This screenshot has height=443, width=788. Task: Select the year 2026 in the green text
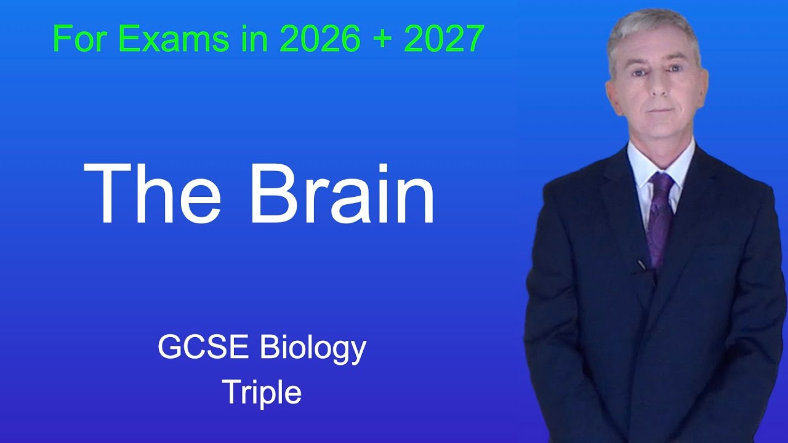pos(320,39)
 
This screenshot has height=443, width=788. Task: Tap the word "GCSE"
pos(203,348)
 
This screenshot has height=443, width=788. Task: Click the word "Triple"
pos(262,392)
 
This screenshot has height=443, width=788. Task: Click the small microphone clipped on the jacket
pos(641,265)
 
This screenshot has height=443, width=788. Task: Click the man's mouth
pos(657,110)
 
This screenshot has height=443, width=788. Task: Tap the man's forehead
pos(654,52)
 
